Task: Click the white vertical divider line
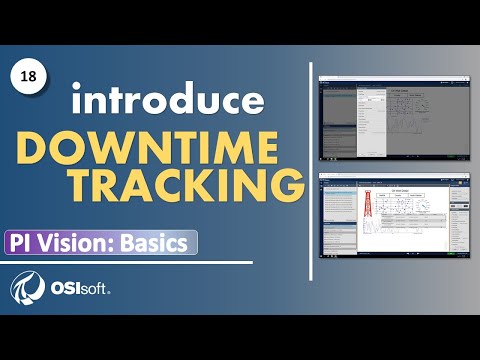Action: click(305, 170)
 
